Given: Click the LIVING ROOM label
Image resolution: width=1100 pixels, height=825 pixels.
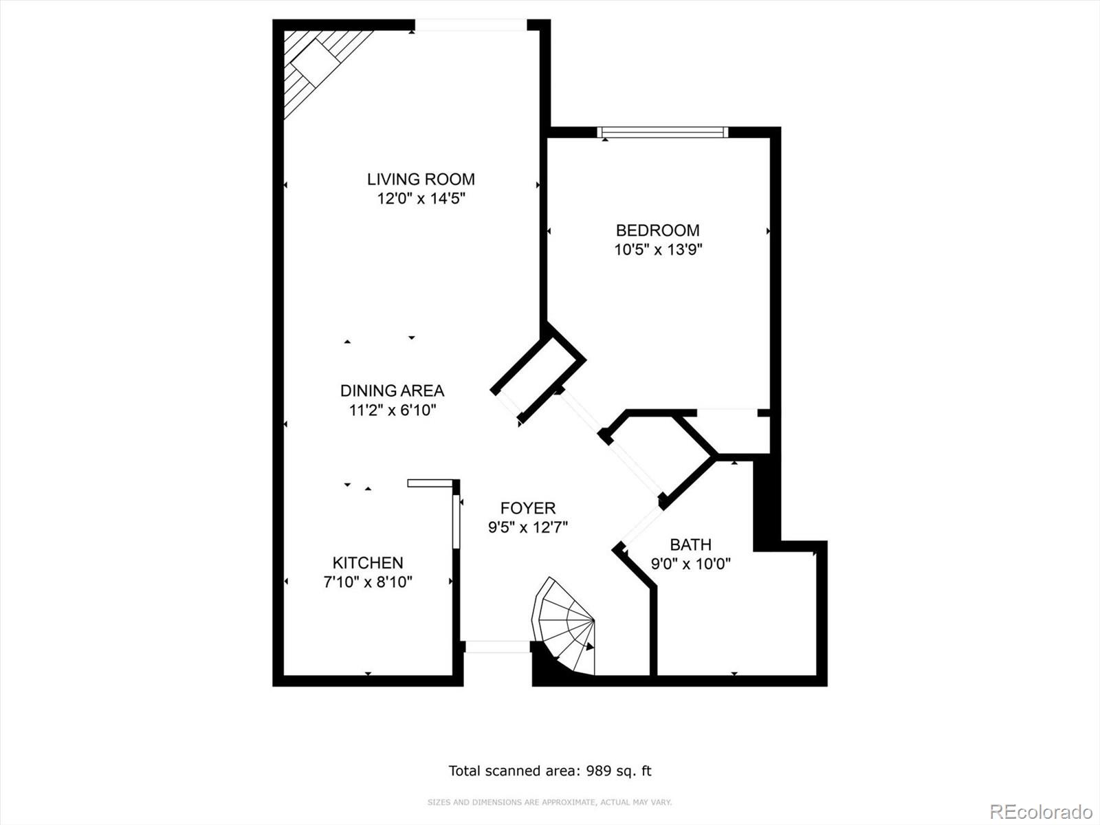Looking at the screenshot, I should [421, 179].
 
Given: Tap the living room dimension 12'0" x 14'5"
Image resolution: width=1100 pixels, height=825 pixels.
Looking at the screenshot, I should [421, 199].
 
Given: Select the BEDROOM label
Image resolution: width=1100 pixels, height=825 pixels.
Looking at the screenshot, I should [657, 230].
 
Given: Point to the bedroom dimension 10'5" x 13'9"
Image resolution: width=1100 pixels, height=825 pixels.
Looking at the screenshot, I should [657, 250].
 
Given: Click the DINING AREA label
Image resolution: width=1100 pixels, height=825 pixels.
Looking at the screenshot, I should [392, 390].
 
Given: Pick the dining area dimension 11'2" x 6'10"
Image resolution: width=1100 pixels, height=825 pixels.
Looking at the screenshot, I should [392, 410].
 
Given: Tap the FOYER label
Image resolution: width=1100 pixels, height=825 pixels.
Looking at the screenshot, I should [527, 508].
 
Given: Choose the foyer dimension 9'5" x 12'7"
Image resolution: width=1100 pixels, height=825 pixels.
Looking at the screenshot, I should [527, 527].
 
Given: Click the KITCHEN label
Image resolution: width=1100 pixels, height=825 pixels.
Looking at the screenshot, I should [368, 562].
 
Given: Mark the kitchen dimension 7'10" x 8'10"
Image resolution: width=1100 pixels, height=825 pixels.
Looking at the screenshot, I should [368, 582].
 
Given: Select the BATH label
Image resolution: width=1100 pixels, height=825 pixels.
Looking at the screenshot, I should [690, 544].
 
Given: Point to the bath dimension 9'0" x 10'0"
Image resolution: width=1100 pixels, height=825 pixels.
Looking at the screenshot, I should [690, 564].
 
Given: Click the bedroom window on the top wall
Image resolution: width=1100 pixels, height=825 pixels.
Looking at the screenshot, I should [662, 132].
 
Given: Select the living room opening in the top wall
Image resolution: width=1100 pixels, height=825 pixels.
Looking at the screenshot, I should [470, 25].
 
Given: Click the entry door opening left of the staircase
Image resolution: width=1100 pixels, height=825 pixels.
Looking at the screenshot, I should [497, 647].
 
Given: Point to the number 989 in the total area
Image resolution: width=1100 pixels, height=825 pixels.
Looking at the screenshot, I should [599, 771].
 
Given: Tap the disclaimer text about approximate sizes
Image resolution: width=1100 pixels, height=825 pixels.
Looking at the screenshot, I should [549, 802].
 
